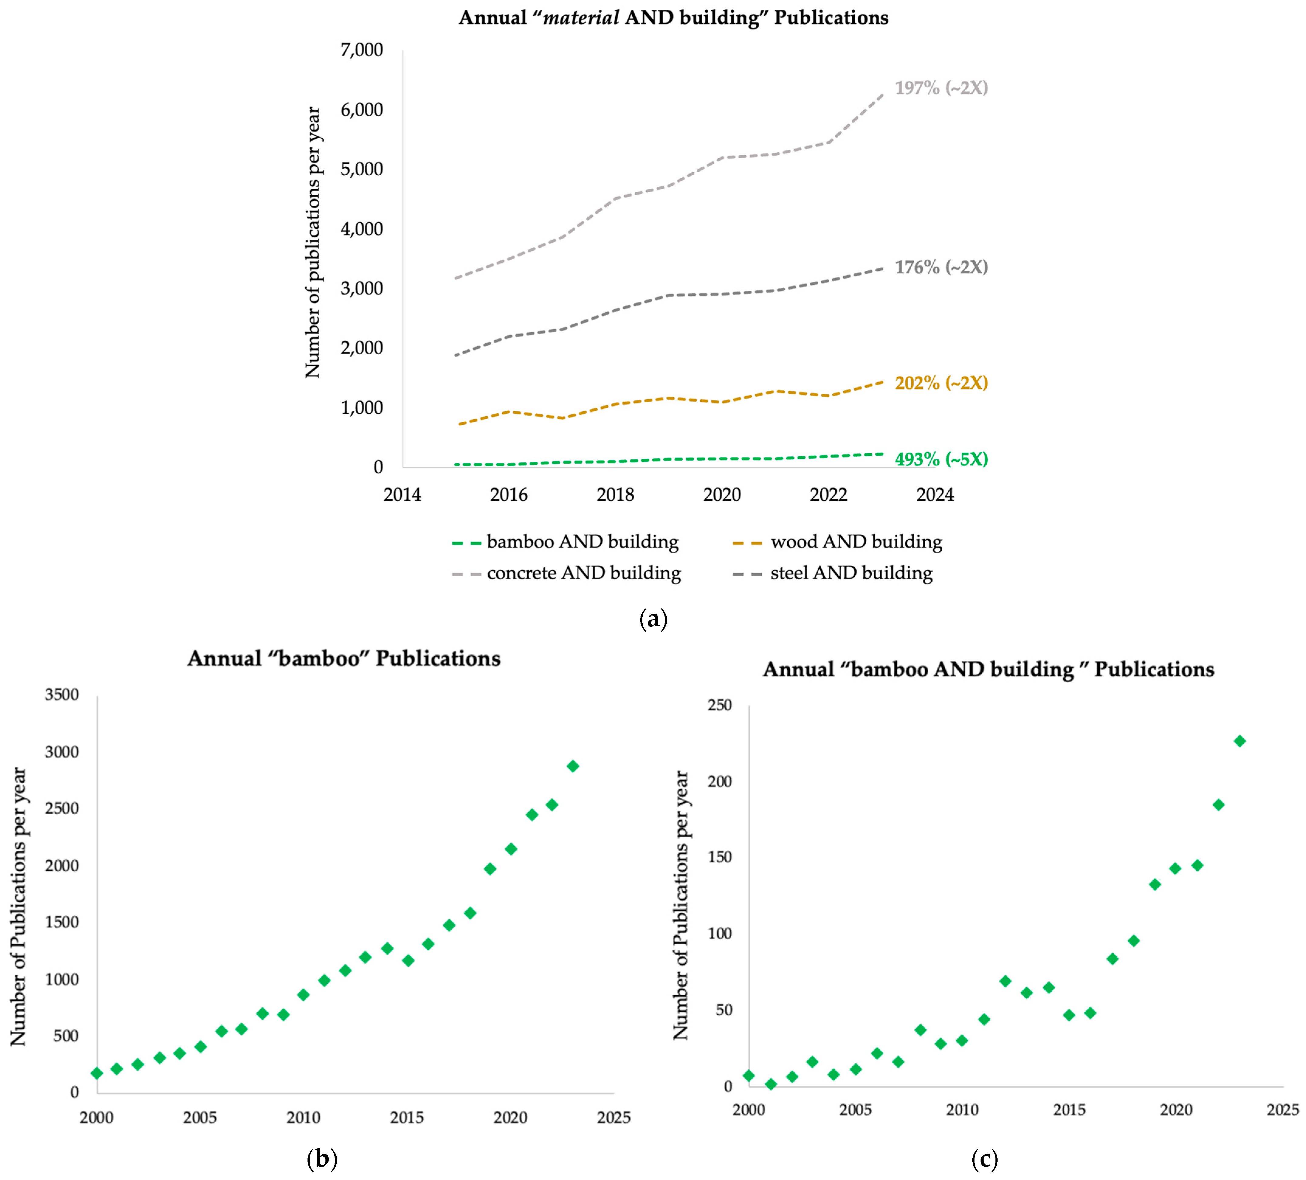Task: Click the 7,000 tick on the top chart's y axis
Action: click(x=362, y=50)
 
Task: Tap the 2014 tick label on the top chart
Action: click(x=402, y=495)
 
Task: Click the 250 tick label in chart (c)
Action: click(x=719, y=705)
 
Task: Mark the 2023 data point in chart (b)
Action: click(x=573, y=766)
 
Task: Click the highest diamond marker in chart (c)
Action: click(x=1239, y=741)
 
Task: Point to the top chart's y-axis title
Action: click(x=313, y=243)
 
